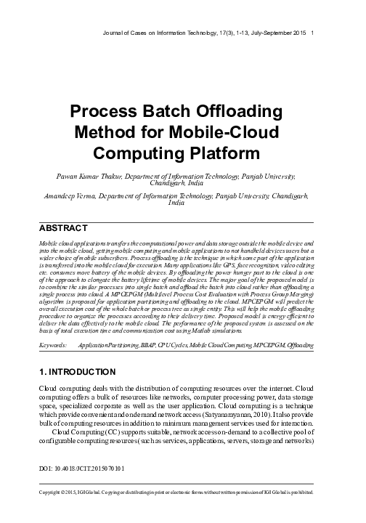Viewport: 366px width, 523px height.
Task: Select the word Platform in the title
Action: click(232, 154)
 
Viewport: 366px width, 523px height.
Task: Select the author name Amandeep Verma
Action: click(75, 195)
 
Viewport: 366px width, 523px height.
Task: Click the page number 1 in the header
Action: click(312, 33)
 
